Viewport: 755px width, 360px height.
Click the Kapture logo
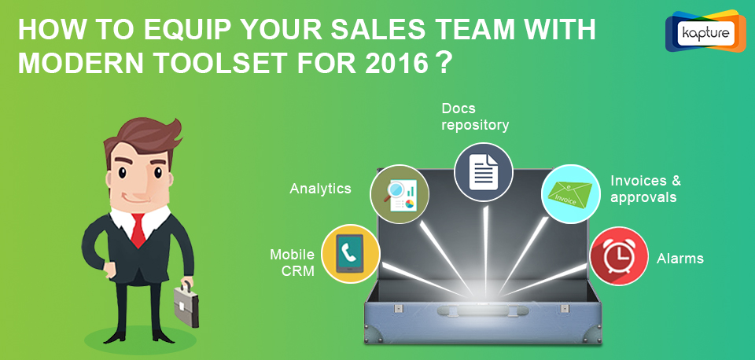coord(705,31)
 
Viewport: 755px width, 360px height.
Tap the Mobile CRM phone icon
coord(350,253)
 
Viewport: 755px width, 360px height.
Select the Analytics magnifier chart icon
coord(400,194)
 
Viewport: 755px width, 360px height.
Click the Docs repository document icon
coord(484,172)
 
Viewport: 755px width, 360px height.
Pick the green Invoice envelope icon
coord(571,194)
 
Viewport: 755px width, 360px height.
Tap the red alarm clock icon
coord(619,256)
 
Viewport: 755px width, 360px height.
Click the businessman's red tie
coord(138,230)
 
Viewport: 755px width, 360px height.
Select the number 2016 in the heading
coord(396,64)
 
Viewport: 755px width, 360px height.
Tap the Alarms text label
coord(679,259)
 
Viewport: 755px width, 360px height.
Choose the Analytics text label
coord(320,188)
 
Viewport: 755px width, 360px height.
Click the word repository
coord(475,126)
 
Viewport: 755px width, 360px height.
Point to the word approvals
coord(643,197)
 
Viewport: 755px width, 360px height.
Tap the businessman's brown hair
coord(143,138)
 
